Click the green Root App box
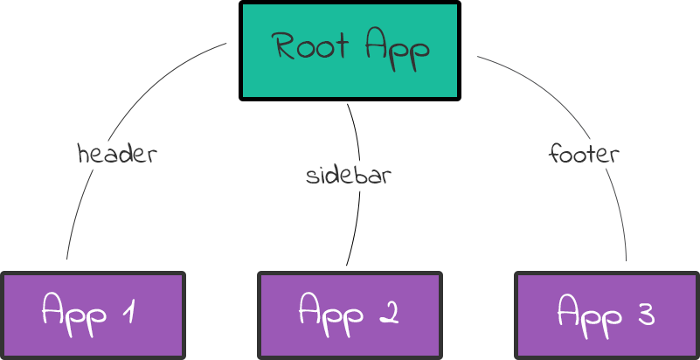tap(350, 51)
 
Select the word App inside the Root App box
tap(397, 48)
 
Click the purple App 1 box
tap(92, 315)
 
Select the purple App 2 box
tap(350, 315)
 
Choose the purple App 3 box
tap(607, 315)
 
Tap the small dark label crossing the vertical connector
tap(348, 174)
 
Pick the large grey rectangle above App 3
tap(551, 210)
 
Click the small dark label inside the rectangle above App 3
tap(583, 153)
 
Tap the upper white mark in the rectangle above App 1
tap(103, 142)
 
